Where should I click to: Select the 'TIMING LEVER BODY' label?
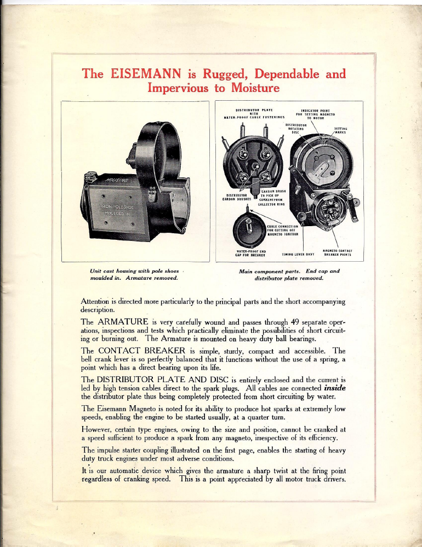click(x=298, y=254)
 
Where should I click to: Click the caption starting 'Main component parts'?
click(x=289, y=271)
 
